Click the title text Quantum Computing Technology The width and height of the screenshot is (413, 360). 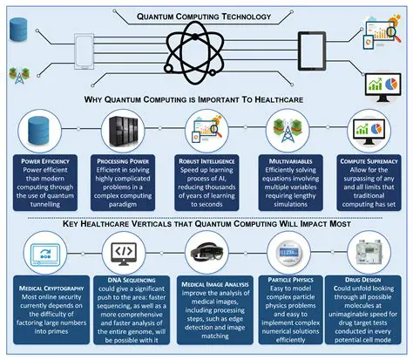tap(206, 15)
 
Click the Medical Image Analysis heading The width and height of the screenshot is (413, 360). tap(206, 282)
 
